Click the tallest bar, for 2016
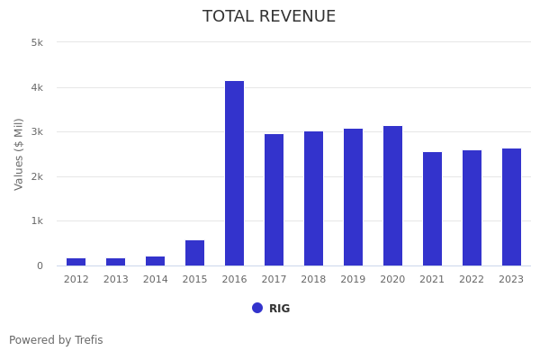[234, 173]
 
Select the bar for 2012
[76, 262]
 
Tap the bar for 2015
[194, 253]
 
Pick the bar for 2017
[274, 200]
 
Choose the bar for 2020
[392, 195]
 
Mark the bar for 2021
[432, 209]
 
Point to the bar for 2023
[511, 207]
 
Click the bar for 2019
[353, 197]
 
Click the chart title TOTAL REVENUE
[269, 17]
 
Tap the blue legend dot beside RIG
[257, 308]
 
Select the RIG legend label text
[279, 309]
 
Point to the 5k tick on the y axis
[37, 42]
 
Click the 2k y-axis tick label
[37, 176]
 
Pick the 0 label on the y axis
[40, 265]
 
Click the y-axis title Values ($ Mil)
[19, 154]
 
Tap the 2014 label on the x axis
[155, 280]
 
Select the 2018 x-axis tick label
[313, 280]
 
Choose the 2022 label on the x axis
[472, 280]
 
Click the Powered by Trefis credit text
[56, 340]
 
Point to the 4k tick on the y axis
[37, 87]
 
